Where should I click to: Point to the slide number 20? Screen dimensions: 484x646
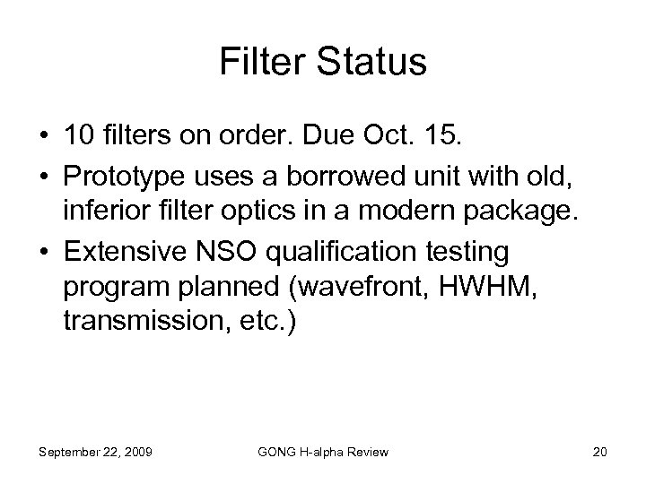[x=599, y=452]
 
